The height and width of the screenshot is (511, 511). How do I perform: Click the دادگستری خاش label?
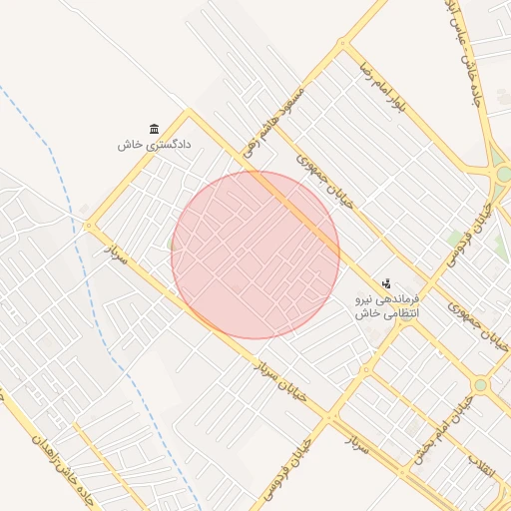tap(154, 146)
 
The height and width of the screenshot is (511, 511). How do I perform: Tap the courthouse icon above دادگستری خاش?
tap(154, 129)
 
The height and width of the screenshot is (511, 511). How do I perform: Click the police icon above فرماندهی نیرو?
tap(387, 284)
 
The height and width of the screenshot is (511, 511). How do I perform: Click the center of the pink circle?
tap(255, 255)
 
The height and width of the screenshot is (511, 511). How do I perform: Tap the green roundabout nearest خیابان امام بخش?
tap(480, 384)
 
